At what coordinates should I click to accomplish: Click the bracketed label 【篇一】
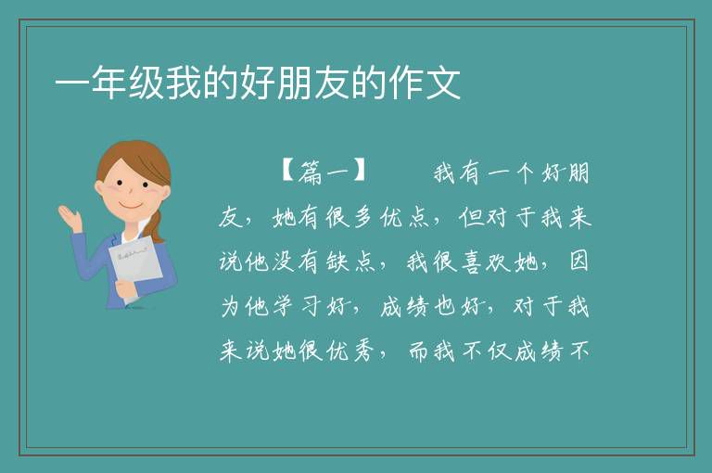click(324, 172)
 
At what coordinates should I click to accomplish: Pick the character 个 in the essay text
click(525, 173)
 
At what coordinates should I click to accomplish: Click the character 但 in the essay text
click(471, 217)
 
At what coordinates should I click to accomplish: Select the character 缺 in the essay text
click(337, 262)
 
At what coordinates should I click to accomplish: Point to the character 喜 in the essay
click(471, 262)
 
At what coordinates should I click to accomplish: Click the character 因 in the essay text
click(578, 261)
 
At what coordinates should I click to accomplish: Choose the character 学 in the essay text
click(284, 306)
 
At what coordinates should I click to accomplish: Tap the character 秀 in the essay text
click(364, 351)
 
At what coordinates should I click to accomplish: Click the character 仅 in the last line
click(499, 351)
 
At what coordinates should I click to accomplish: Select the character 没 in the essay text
click(284, 262)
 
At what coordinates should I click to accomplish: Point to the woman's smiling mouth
click(131, 205)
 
